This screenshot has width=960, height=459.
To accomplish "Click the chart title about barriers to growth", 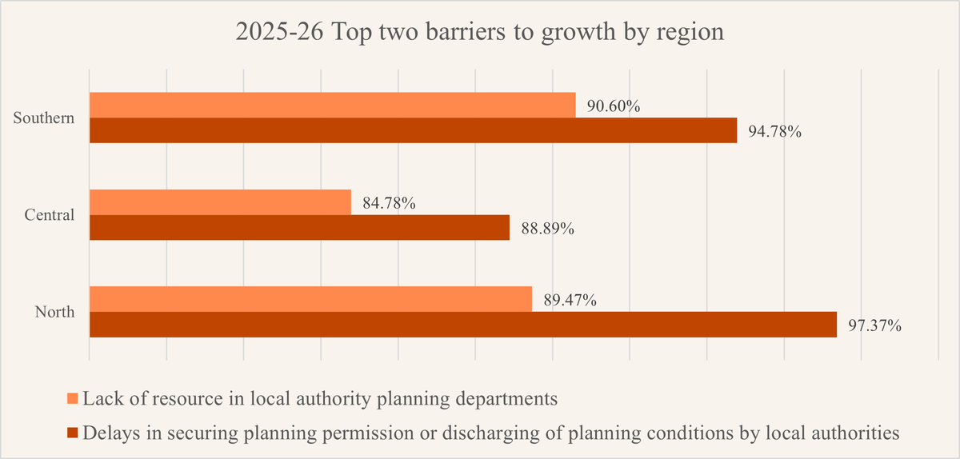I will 479,34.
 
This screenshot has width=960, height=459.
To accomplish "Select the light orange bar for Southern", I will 332,105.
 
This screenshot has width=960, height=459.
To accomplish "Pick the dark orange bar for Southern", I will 413,130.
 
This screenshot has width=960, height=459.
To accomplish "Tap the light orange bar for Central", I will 220,202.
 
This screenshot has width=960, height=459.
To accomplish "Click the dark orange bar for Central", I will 299,228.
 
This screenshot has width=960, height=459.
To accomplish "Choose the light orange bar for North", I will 310,299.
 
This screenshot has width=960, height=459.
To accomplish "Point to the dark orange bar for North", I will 462,325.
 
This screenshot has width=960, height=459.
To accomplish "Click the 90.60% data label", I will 614,106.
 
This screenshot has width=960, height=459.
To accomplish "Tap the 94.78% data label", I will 774,132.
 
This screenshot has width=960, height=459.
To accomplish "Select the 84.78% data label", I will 389,203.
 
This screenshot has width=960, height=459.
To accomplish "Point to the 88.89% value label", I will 547,229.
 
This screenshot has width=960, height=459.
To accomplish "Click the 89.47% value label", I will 570,301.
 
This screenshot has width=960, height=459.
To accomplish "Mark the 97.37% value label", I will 874,326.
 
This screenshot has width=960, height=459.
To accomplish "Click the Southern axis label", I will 44,118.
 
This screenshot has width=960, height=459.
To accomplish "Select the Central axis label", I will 49,215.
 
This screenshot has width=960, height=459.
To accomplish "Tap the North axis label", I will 54,312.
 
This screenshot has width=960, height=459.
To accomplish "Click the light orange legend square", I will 73,398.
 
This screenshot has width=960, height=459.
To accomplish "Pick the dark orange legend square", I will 73,433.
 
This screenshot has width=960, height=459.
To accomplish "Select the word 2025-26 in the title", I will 270,34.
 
